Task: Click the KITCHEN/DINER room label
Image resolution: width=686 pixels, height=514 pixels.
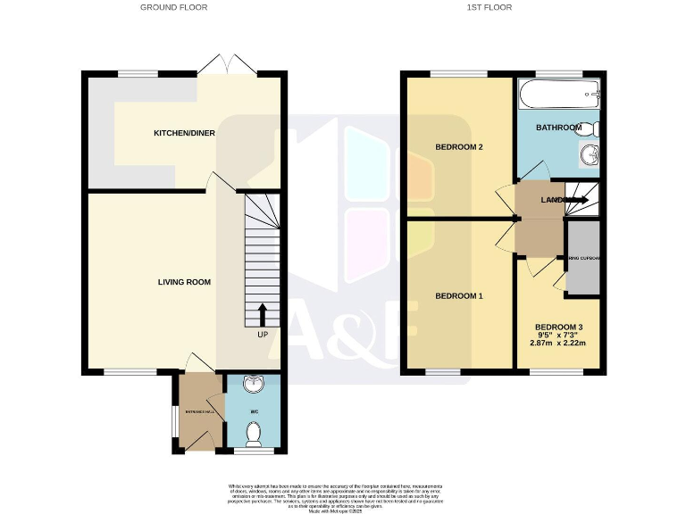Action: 184,133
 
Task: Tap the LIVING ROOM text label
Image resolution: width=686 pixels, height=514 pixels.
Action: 184,282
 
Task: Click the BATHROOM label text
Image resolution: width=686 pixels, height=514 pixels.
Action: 558,128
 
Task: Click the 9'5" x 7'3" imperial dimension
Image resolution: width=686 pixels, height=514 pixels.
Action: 558,336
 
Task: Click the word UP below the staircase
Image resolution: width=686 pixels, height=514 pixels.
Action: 263,335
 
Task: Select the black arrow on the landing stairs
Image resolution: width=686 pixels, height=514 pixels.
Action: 575,200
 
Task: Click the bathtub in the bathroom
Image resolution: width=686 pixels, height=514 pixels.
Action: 557,90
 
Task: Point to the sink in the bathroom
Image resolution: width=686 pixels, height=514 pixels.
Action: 590,157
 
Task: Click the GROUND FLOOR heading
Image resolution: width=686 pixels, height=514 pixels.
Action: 173,7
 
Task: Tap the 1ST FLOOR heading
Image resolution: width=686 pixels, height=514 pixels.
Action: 489,7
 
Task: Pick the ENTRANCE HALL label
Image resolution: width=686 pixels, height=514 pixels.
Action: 199,411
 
